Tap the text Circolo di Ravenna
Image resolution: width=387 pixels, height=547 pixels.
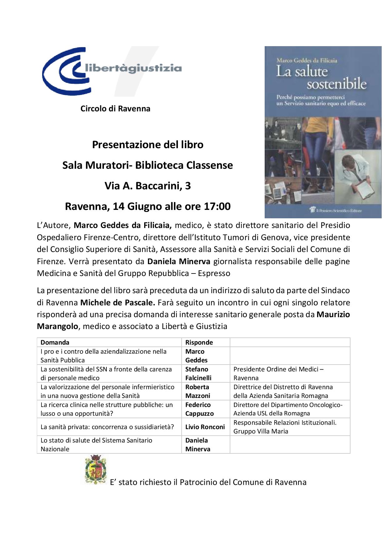[115, 109]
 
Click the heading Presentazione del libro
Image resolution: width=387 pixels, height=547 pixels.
[148, 145]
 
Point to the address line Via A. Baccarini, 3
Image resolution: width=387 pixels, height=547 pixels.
[148, 186]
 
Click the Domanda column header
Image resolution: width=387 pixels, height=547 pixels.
[55, 342]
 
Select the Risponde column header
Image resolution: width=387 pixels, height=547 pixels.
[199, 342]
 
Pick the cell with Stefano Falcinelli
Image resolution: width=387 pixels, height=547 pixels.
[198, 374]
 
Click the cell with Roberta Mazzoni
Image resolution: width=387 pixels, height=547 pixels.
[198, 391]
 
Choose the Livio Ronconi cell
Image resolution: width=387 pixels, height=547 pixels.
[205, 427]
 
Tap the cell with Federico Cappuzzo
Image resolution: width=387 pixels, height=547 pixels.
[199, 409]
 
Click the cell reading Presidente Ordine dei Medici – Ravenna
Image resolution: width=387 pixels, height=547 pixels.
[278, 374]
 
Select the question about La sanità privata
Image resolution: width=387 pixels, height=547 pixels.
[107, 427]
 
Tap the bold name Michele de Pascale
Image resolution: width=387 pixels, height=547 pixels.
[117, 303]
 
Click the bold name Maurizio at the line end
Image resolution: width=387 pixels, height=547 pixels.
[333, 314]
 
